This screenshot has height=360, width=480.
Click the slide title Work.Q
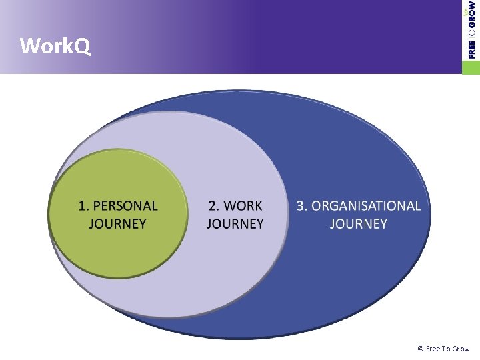(55, 47)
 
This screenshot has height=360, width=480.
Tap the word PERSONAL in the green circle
(125, 206)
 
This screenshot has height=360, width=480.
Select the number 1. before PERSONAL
(84, 206)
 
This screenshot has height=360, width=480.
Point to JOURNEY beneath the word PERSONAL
(117, 223)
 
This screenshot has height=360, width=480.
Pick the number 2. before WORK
(213, 206)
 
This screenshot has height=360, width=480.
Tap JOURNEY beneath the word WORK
(235, 223)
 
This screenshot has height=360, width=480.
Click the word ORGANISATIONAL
(366, 206)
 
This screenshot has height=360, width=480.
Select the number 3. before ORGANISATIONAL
(302, 206)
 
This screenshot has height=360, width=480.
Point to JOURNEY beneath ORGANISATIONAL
(358, 223)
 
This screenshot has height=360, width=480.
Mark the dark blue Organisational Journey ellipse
(360, 280)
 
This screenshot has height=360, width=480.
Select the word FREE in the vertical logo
(472, 48)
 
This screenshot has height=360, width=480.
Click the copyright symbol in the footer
(420, 349)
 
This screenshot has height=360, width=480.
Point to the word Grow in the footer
(461, 349)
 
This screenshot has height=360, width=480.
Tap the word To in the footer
(446, 349)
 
